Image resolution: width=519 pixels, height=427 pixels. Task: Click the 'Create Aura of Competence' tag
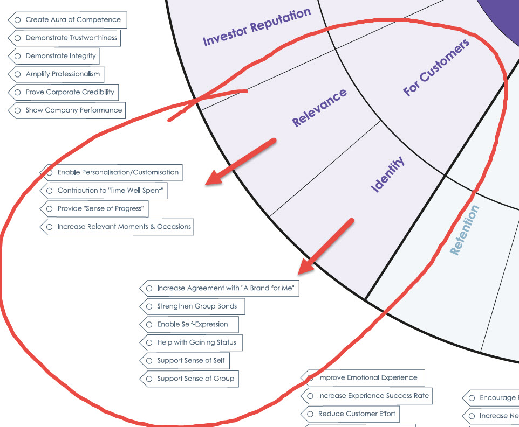click(x=73, y=20)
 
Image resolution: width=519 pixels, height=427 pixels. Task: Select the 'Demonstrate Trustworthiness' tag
click(x=71, y=38)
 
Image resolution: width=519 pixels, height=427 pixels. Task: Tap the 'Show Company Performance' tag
click(x=73, y=110)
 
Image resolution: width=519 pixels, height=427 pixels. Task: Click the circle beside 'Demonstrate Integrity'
click(x=18, y=56)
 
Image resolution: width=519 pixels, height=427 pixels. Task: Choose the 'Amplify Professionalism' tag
click(x=62, y=74)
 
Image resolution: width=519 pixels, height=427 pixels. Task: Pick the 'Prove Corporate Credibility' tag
click(x=70, y=92)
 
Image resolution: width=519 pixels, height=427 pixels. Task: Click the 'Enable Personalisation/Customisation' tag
click(x=118, y=173)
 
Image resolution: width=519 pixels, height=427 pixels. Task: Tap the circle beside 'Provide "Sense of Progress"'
click(x=50, y=209)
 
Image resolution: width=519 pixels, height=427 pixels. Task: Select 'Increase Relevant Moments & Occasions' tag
click(x=124, y=227)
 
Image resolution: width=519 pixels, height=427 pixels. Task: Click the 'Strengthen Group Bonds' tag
click(x=196, y=306)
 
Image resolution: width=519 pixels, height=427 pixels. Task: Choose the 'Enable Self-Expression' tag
click(x=192, y=325)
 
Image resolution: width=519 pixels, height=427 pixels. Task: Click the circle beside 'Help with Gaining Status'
click(x=149, y=342)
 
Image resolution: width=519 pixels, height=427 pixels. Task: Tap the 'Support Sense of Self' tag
click(x=190, y=361)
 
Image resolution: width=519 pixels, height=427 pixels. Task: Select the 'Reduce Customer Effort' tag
click(x=356, y=414)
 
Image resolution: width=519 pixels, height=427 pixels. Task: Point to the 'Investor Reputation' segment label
click(x=257, y=26)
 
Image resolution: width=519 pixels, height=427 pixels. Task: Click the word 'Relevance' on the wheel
click(x=319, y=108)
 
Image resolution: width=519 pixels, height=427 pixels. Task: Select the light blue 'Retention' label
click(x=464, y=229)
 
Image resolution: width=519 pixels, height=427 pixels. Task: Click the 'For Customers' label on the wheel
click(x=436, y=67)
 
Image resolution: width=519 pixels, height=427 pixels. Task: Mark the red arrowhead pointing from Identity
click(x=306, y=266)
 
